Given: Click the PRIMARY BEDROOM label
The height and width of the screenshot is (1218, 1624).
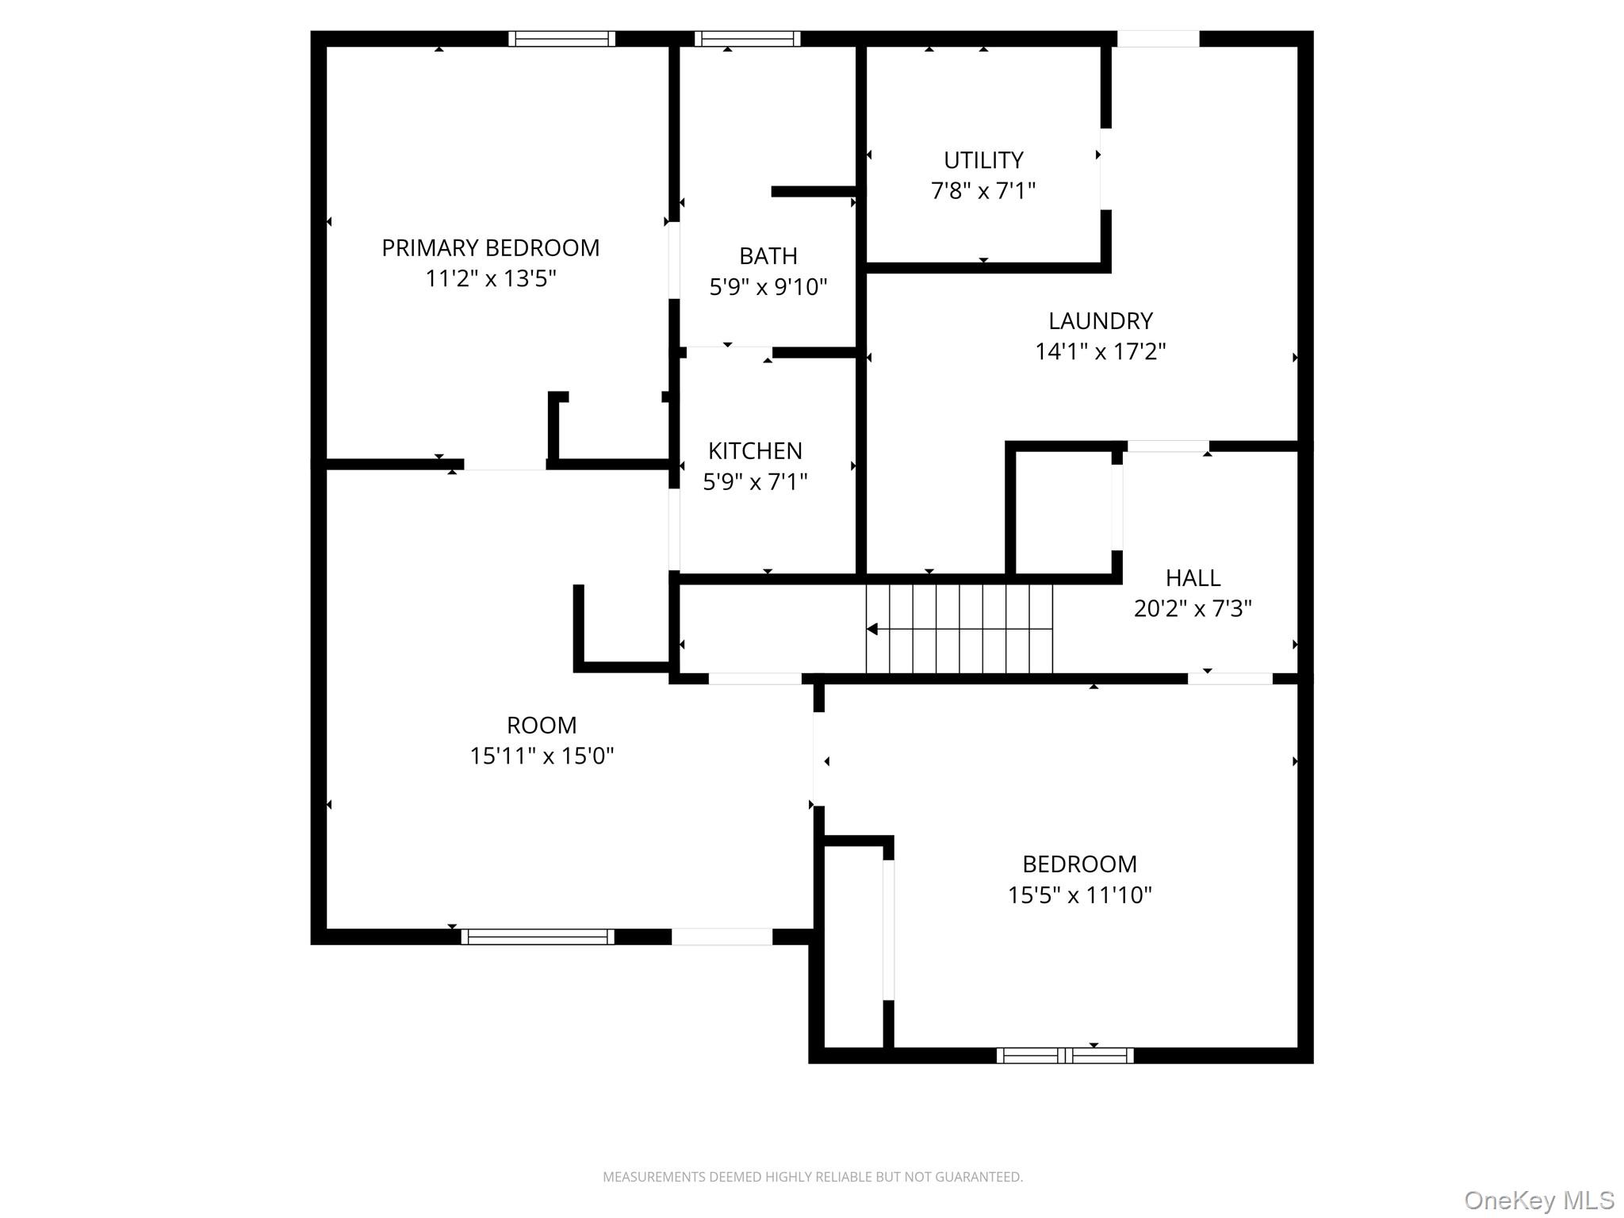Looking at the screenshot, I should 490,248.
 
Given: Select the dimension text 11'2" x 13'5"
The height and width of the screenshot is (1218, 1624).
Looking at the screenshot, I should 490,279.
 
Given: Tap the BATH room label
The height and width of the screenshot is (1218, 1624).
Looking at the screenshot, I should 768,256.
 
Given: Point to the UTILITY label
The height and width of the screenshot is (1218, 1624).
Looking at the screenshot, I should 982,160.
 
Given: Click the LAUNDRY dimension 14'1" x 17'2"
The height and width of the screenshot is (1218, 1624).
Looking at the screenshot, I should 1100,351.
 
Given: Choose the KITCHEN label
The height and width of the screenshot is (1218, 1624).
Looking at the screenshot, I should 755,451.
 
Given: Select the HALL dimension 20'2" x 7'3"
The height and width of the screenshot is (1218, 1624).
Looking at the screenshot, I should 1193,608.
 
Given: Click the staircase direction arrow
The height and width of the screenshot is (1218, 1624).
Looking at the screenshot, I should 873,629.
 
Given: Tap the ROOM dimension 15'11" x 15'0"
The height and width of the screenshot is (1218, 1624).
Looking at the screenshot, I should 542,756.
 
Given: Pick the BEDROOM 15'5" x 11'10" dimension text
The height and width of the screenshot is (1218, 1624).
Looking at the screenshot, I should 1079,894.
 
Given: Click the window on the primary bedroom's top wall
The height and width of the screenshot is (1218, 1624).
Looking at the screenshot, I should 561,39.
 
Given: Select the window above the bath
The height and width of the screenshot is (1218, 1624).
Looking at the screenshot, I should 747,39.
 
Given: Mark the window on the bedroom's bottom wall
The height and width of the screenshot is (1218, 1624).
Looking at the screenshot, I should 1065,1055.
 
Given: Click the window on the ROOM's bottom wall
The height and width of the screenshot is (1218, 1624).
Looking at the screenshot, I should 538,936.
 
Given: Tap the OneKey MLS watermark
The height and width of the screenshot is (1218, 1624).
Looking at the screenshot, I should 1538,1200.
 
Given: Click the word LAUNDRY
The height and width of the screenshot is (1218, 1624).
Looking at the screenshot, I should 1100,321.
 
